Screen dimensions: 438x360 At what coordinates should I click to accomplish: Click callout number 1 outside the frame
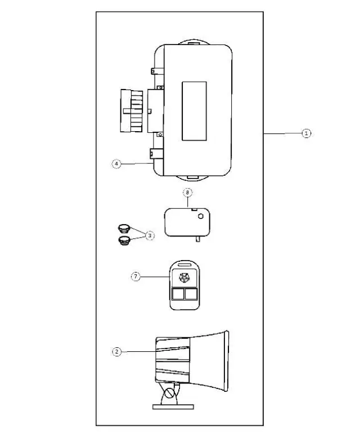click(x=305, y=133)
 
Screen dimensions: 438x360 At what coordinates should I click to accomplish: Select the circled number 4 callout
click(x=116, y=163)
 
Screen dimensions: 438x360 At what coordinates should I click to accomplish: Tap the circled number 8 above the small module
click(x=188, y=193)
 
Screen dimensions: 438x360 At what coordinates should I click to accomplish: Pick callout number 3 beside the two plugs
click(x=150, y=236)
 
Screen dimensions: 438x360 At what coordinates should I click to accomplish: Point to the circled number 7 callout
click(x=135, y=276)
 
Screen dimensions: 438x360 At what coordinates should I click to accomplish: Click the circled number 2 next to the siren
click(x=116, y=351)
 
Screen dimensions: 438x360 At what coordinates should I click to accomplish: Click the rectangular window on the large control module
click(x=193, y=111)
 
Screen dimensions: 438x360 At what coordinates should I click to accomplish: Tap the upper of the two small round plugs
click(x=124, y=229)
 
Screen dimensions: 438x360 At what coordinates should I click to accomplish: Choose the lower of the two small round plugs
click(x=124, y=241)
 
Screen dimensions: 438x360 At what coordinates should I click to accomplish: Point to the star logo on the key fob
click(x=183, y=277)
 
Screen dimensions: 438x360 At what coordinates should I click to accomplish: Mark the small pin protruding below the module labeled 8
click(x=198, y=240)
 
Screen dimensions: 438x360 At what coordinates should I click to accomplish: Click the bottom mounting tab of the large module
click(x=194, y=176)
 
